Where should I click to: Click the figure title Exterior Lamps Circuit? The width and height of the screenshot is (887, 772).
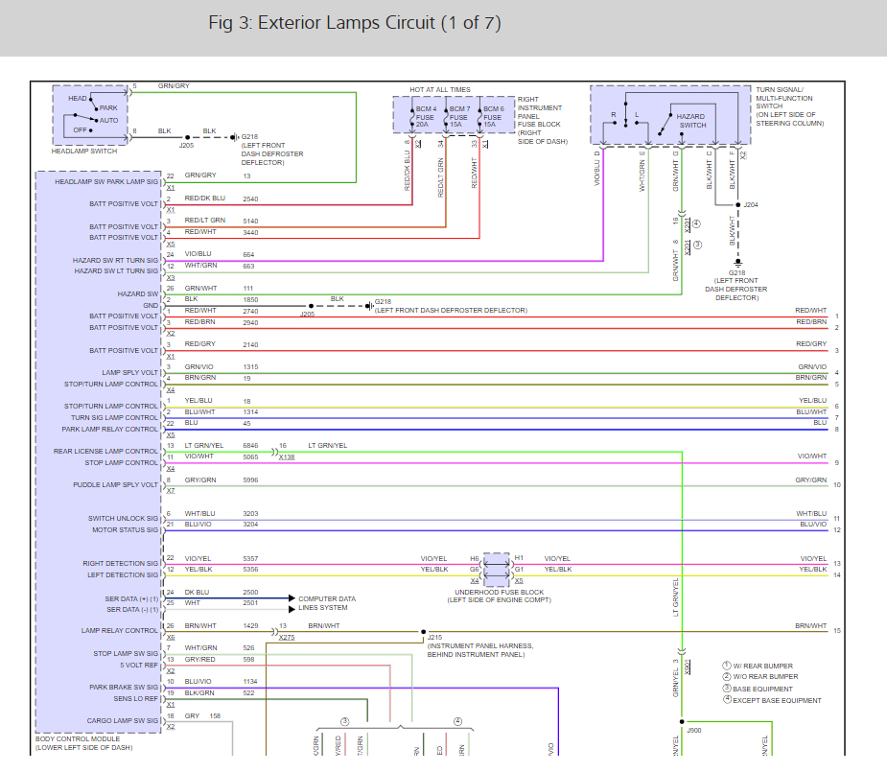pyautogui.click(x=354, y=23)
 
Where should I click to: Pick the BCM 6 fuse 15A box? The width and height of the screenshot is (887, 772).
pyautogui.click(x=492, y=117)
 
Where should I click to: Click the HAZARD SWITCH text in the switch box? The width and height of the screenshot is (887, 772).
pyautogui.click(x=692, y=121)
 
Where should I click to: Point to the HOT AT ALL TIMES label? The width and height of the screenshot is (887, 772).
pyautogui.click(x=440, y=89)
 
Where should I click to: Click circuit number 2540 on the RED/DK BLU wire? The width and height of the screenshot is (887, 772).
pyautogui.click(x=250, y=199)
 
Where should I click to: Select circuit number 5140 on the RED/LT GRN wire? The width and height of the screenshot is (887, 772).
pyautogui.click(x=250, y=221)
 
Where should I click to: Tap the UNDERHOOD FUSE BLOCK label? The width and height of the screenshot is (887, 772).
pyautogui.click(x=498, y=592)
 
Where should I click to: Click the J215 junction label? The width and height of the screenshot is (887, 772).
pyautogui.click(x=434, y=637)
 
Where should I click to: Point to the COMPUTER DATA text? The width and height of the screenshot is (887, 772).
pyautogui.click(x=326, y=598)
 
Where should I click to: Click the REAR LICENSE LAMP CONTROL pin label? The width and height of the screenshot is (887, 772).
pyautogui.click(x=105, y=451)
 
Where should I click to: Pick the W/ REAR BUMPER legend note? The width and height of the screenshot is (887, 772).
pyautogui.click(x=763, y=666)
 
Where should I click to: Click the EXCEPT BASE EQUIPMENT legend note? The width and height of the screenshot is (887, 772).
pyautogui.click(x=777, y=700)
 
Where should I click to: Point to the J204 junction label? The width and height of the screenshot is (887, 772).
pyautogui.click(x=751, y=204)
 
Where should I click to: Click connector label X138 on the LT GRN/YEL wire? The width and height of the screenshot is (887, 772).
pyautogui.click(x=287, y=457)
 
